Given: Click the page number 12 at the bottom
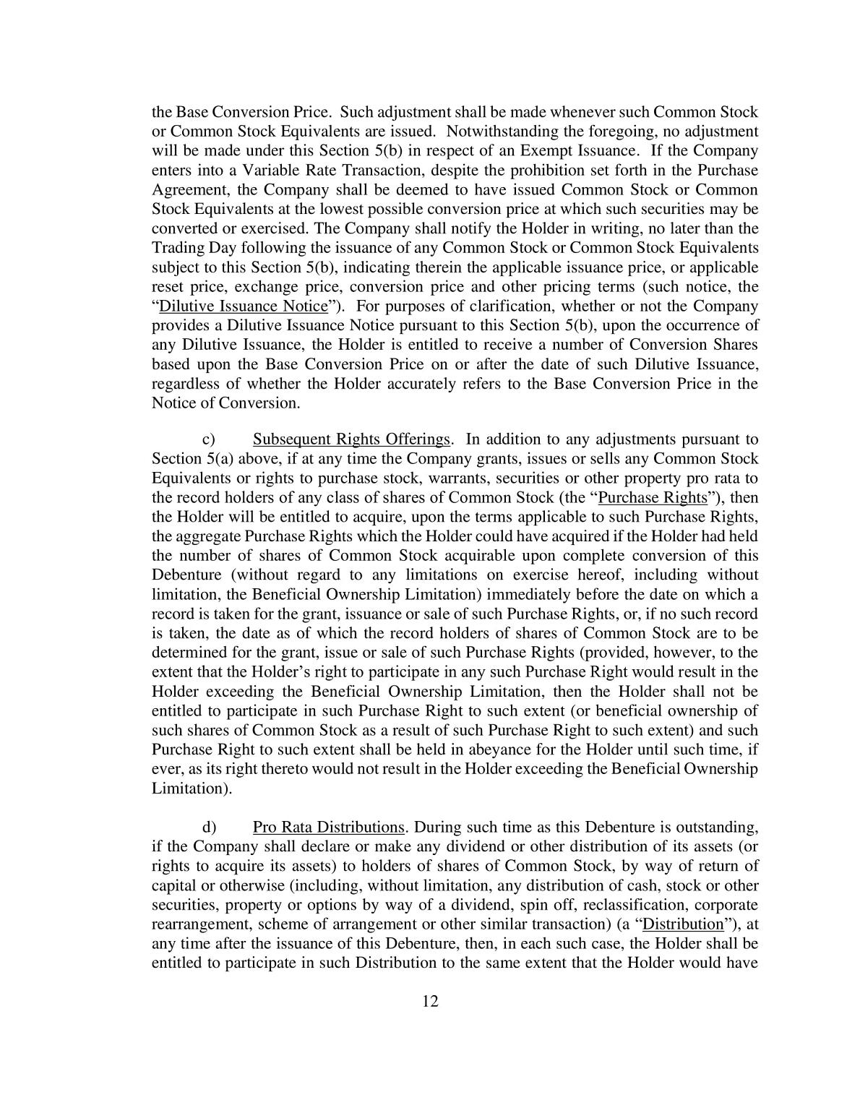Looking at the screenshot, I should click(430, 1001).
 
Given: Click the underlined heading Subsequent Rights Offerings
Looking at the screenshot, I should click(351, 439).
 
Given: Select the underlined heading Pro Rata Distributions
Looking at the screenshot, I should click(328, 827).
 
